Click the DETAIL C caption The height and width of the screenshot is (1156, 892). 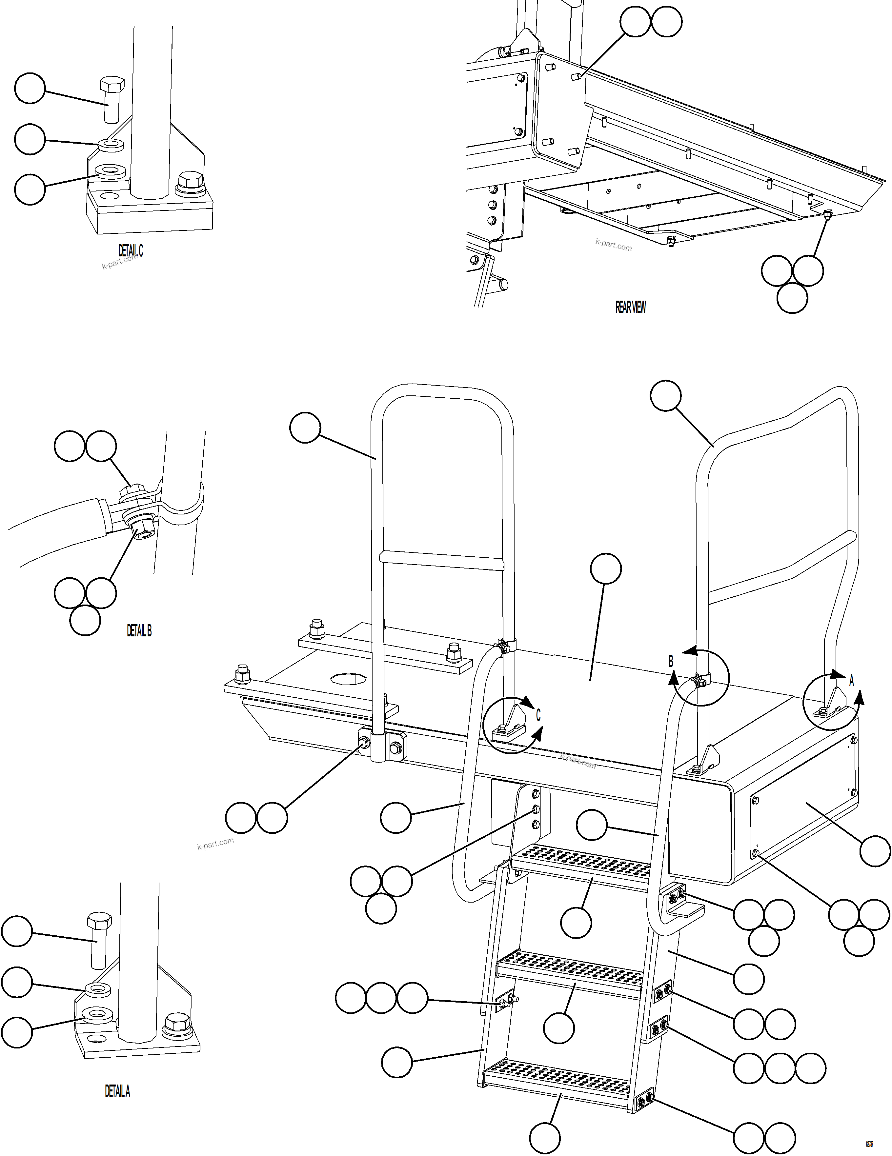point(130,250)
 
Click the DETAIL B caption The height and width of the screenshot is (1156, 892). point(139,630)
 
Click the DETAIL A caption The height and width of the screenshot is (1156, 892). point(117,1091)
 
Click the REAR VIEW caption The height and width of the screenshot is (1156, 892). point(630,307)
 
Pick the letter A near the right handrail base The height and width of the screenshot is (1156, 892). point(852,681)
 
